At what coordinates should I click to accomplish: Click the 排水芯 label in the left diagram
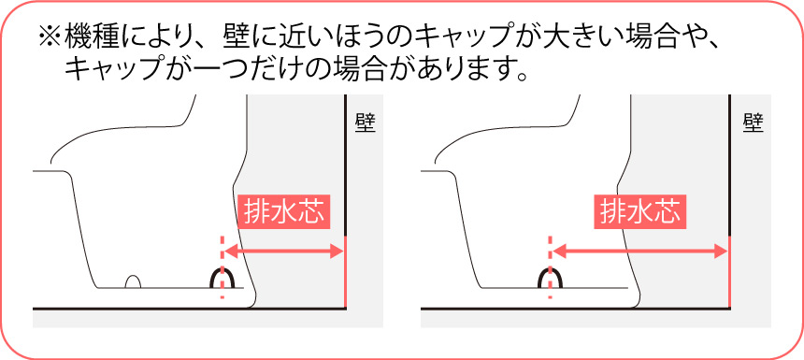click(283, 211)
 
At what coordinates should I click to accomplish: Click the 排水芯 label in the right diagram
click(639, 211)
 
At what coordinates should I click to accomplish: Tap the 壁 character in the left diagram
click(365, 123)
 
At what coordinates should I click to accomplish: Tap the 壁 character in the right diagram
click(754, 123)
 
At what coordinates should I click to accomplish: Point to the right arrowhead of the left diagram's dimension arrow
click(337, 252)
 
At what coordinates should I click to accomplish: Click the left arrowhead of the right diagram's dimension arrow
click(559, 252)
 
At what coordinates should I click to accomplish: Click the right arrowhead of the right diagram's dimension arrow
click(721, 252)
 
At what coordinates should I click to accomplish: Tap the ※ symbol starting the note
click(50, 36)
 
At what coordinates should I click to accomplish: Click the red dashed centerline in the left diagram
click(222, 267)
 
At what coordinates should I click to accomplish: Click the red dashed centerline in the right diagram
click(551, 267)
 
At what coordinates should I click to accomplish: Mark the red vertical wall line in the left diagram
click(346, 272)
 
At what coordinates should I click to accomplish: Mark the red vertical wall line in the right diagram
click(729, 272)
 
